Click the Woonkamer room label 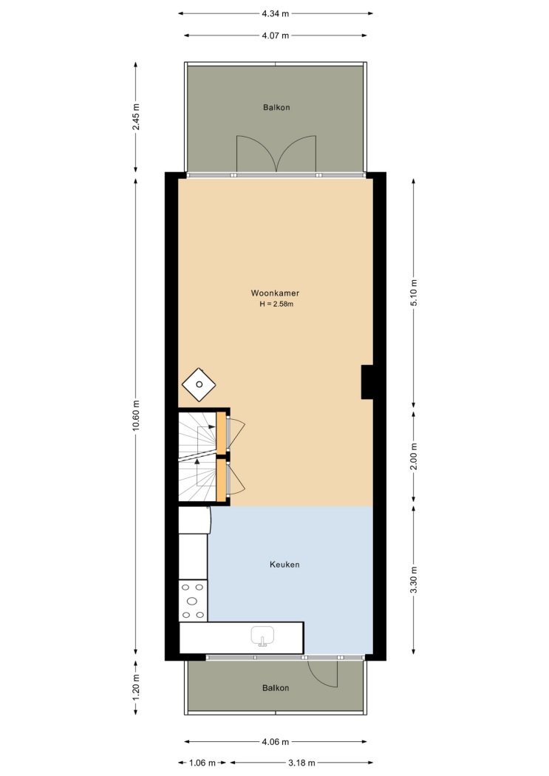[275, 293]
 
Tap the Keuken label [284, 564]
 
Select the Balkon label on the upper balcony [276, 107]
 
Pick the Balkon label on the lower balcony [276, 688]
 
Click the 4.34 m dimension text [276, 14]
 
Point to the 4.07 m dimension [276, 35]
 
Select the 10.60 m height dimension [136, 415]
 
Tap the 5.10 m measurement [414, 293]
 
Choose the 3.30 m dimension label [414, 580]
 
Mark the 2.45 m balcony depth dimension [136, 118]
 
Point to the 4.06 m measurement [276, 742]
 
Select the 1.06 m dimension [202, 763]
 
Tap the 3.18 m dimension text [301, 763]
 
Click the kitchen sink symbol [262, 636]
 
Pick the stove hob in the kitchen [193, 601]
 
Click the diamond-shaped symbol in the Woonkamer [199, 384]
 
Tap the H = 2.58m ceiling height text [276, 304]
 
